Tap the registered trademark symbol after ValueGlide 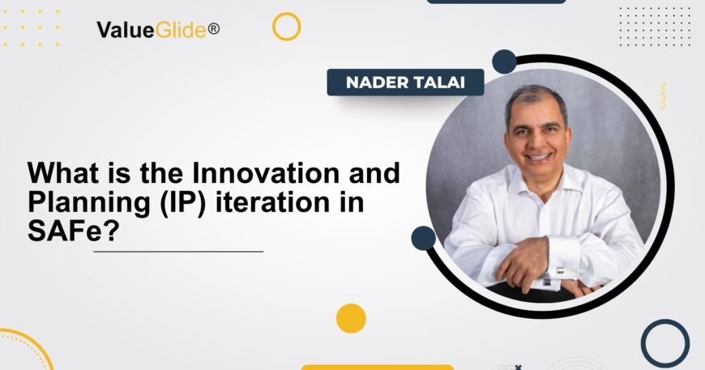(x=214, y=28)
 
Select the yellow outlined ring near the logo (x=286, y=27)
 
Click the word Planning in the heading (x=78, y=202)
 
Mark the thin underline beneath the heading (x=178, y=252)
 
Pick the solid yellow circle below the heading (x=351, y=318)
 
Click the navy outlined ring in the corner (x=664, y=342)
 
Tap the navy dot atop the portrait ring (x=504, y=62)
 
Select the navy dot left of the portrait (x=423, y=237)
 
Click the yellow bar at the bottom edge (x=377, y=367)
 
